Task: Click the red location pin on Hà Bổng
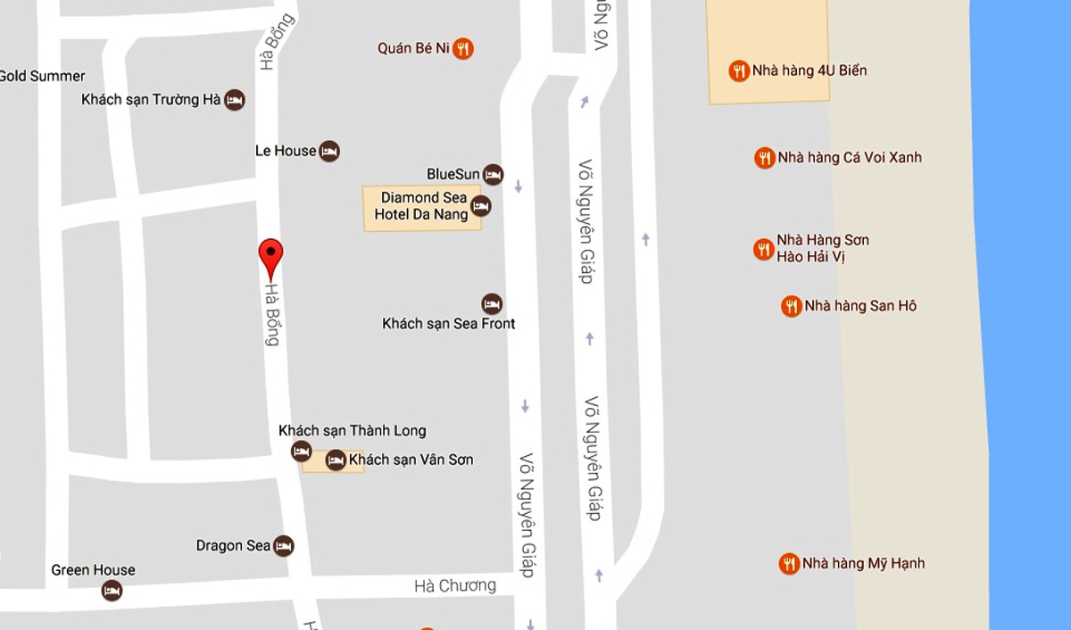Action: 270,255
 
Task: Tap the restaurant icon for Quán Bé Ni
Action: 462,48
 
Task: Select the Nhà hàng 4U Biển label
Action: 809,70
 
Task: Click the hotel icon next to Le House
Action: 329,151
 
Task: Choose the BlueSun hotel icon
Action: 493,174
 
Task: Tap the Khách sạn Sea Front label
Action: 448,323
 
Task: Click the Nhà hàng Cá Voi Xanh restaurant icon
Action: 764,158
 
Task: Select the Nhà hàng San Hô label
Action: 859,306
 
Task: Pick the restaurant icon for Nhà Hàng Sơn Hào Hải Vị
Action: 763,249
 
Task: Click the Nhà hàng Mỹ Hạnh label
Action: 863,563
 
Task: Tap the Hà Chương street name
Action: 455,585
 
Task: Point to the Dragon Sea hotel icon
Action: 284,545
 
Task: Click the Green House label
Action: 93,570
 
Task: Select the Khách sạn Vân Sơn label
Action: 411,460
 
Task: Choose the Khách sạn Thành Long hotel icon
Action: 302,452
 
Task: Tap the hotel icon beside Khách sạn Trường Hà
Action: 234,99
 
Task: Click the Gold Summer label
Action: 42,76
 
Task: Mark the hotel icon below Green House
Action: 112,591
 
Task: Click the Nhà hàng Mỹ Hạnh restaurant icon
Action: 788,563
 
